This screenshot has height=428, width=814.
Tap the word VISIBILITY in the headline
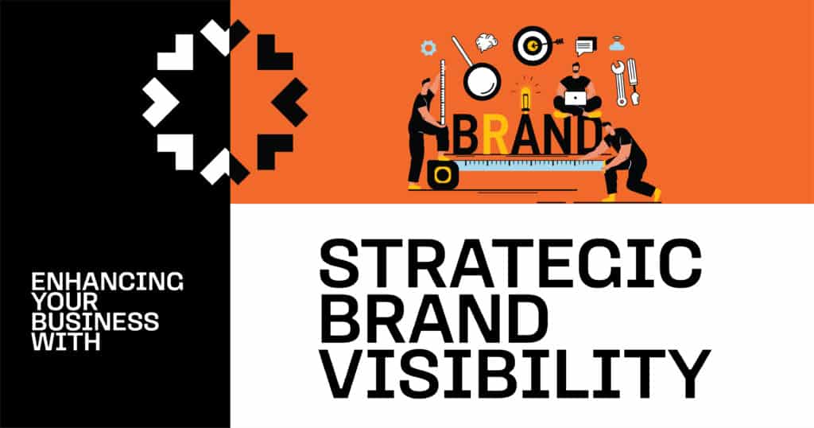point(514,374)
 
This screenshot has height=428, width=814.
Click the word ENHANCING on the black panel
point(107,282)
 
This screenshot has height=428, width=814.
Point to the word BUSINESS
point(95,322)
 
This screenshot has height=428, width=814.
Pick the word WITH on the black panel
point(65,342)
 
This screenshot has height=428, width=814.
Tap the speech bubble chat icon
point(586,47)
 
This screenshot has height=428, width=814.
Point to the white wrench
point(618,83)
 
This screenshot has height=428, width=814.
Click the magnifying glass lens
point(483,81)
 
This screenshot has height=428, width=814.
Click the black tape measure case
point(443,175)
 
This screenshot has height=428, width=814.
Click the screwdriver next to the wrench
point(633,82)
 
